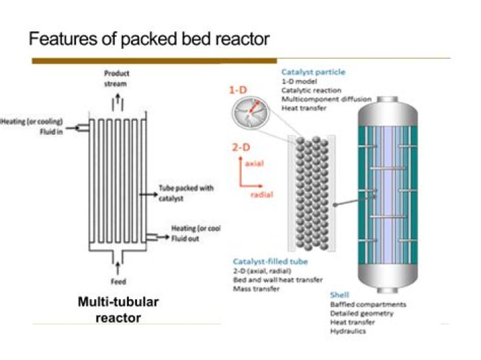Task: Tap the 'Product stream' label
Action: click(x=117, y=77)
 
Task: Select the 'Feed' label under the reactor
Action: click(x=118, y=282)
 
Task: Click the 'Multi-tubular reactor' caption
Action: click(x=118, y=309)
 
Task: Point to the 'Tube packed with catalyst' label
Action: click(x=185, y=193)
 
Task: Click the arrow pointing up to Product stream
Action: click(x=118, y=99)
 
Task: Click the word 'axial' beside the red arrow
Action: click(x=256, y=163)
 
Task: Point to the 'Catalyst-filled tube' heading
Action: click(x=267, y=261)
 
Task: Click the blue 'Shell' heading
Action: click(x=339, y=295)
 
